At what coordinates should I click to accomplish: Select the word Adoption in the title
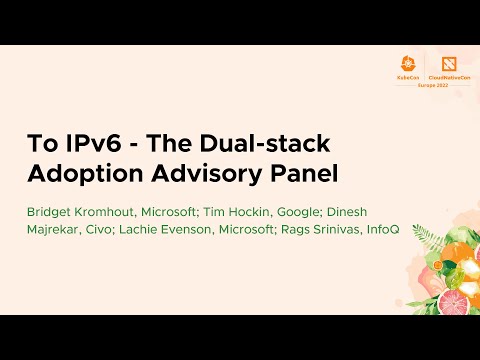[x=82, y=172]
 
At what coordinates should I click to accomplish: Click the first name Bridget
[x=50, y=211]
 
